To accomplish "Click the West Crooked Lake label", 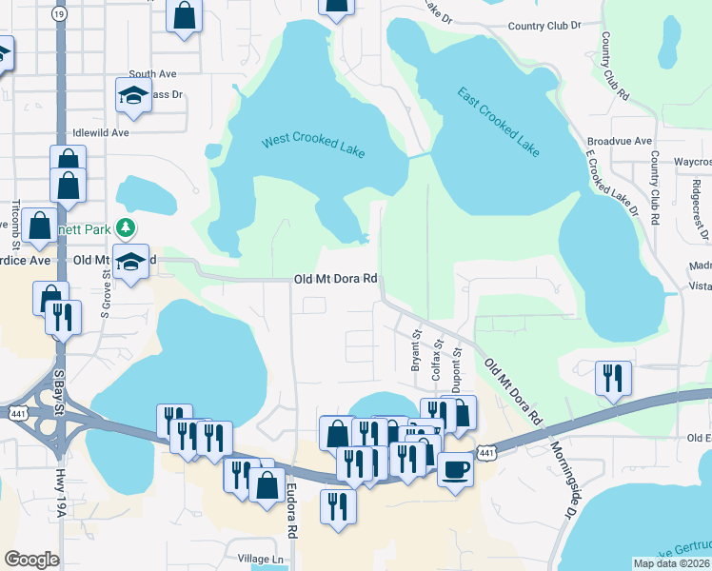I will (314, 147).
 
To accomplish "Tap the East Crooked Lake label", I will (498, 123).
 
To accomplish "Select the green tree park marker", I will (125, 227).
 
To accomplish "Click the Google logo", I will (31, 560).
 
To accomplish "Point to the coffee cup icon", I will (455, 469).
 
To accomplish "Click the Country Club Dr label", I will (544, 27).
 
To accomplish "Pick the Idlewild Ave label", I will (100, 133).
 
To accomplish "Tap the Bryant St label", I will (415, 351).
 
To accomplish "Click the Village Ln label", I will (261, 559).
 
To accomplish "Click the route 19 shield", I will (60, 14).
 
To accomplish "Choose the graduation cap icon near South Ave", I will (134, 94).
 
